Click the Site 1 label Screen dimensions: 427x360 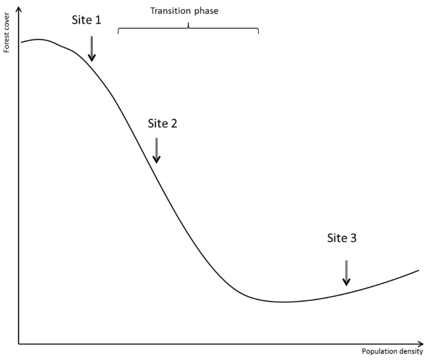pos(87,20)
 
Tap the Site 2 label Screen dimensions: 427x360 pos(163,123)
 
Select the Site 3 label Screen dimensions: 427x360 pos(342,238)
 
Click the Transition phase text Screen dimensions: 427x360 pos(184,11)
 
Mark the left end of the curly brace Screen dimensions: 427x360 pos(119,34)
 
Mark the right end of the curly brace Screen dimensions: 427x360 pos(258,34)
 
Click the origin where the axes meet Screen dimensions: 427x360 pos(19,344)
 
